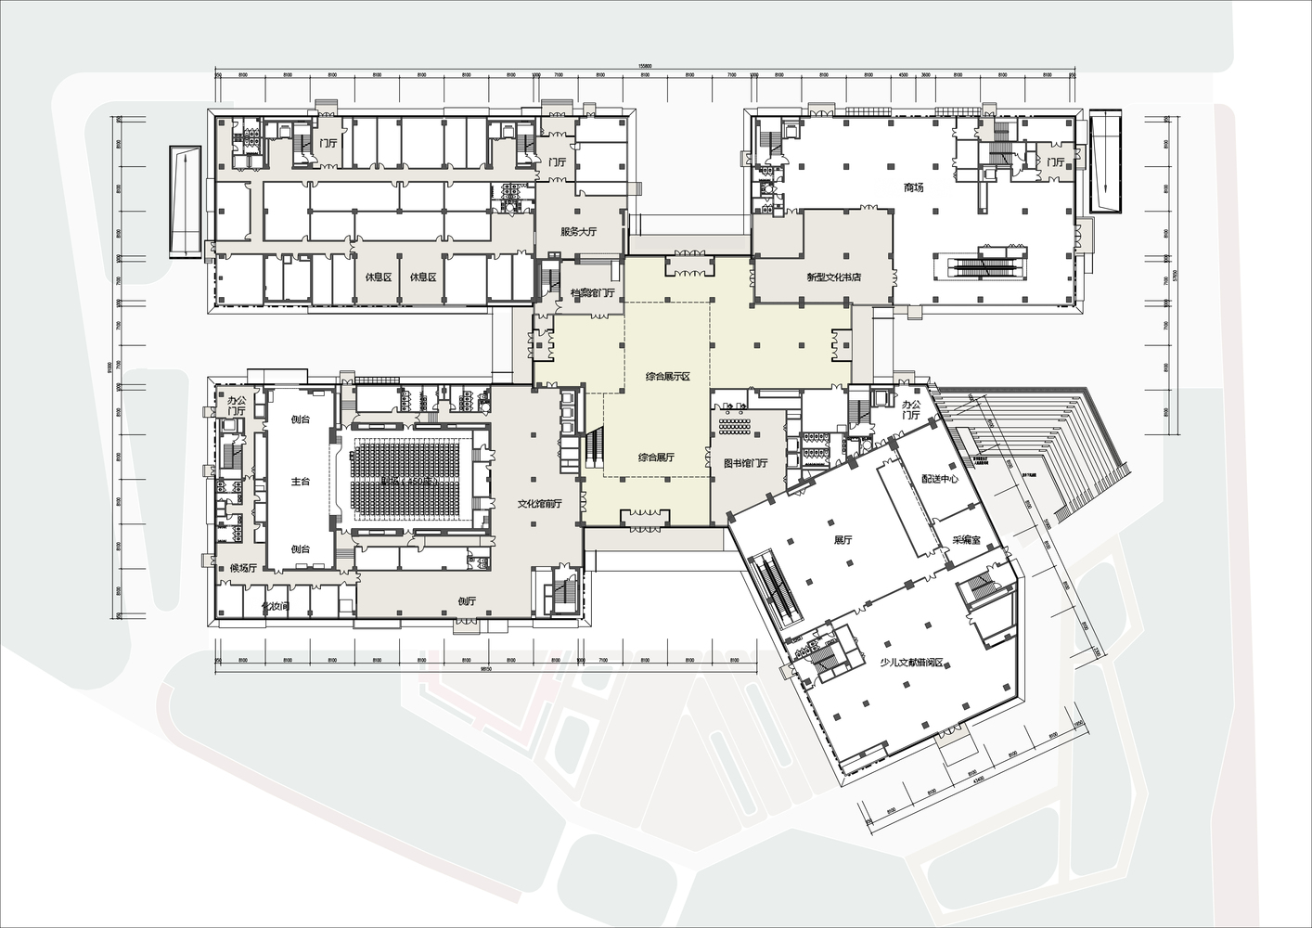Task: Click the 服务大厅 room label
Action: coord(578,232)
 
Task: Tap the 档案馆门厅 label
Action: coord(593,293)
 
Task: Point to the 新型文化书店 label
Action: coord(834,277)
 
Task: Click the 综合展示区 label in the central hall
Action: coord(668,377)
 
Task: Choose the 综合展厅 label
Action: coord(656,458)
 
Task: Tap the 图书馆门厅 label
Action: coord(746,463)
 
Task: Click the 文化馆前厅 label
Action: coord(539,504)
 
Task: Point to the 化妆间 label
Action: coord(276,605)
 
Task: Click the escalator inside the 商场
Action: coord(988,265)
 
